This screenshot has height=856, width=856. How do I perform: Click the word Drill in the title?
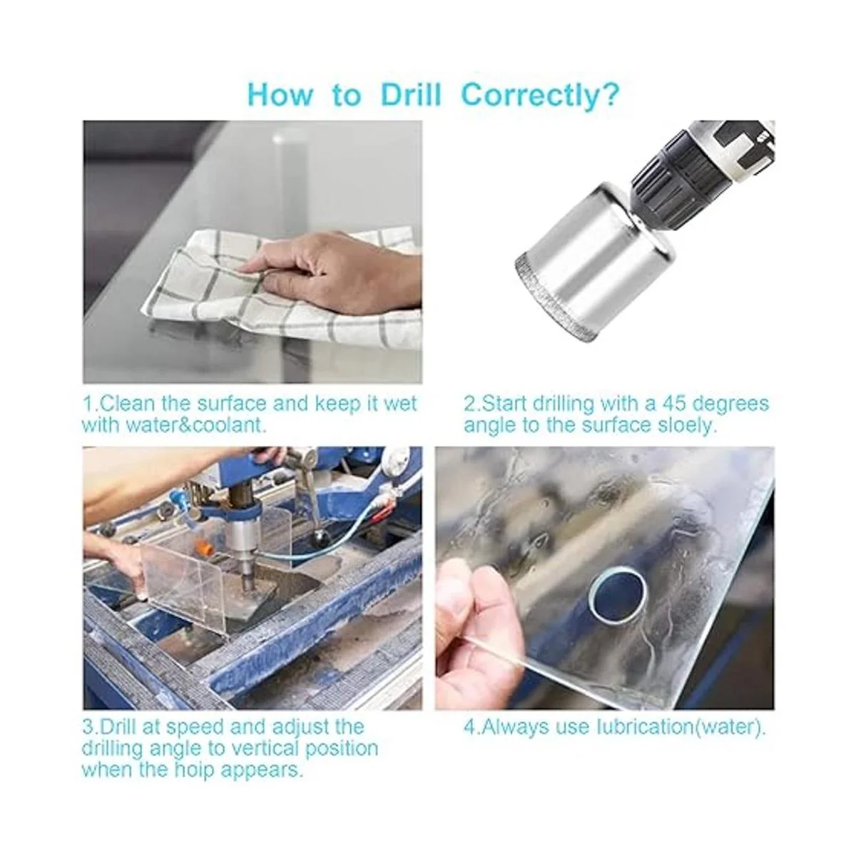click(411, 94)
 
